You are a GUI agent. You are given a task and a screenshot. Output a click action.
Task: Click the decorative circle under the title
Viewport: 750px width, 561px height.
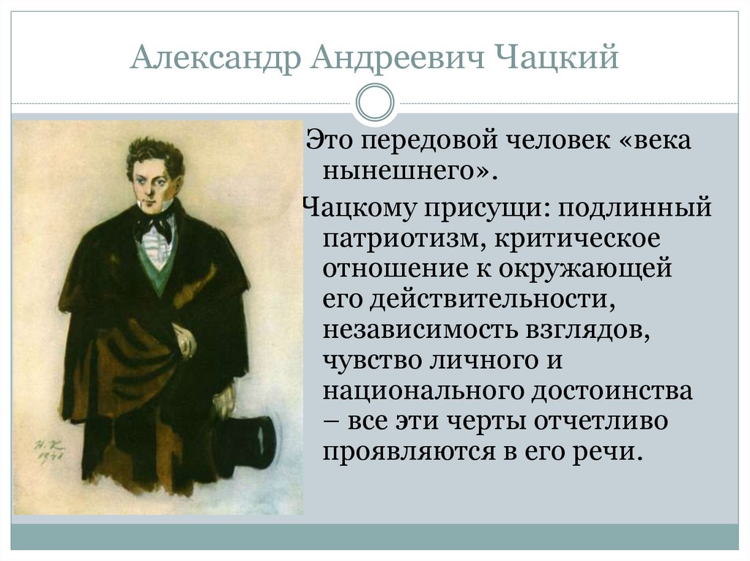point(374,102)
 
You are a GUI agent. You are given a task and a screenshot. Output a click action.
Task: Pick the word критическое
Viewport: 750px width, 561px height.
point(573,238)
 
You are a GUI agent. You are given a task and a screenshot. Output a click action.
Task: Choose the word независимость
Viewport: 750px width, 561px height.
point(417,331)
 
